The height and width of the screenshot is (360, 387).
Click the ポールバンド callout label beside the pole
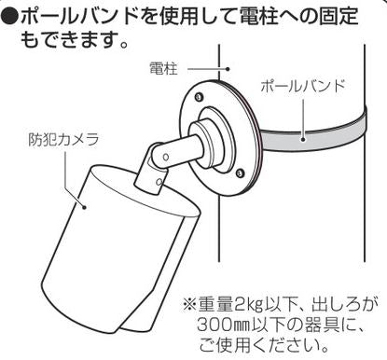[302, 86]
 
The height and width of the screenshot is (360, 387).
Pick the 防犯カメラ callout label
[63, 141]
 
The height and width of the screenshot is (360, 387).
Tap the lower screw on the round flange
[241, 173]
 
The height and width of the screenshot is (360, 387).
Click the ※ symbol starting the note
[187, 304]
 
